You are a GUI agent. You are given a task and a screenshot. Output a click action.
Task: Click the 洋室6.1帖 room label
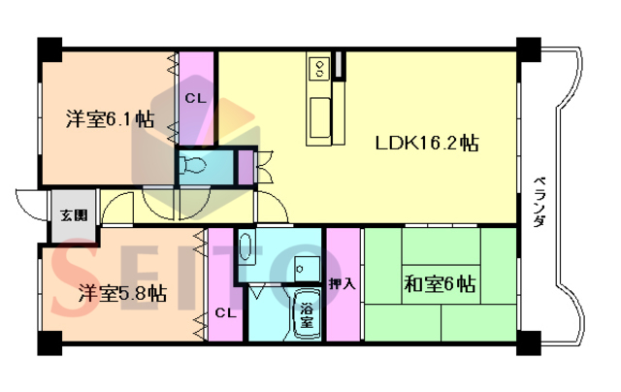110,118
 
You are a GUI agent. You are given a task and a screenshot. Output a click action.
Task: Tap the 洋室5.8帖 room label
122,293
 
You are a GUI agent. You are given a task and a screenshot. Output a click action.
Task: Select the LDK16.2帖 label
427,143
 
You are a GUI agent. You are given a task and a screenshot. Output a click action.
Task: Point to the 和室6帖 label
440,284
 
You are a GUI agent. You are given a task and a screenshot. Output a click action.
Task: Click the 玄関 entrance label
74,215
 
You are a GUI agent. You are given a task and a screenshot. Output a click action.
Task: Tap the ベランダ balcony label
539,202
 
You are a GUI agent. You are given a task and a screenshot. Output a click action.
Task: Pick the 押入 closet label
343,283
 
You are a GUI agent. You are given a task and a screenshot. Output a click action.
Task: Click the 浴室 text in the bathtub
307,315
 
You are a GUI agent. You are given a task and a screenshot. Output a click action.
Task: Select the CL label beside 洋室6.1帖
196,98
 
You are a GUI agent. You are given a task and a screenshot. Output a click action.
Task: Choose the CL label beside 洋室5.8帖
226,313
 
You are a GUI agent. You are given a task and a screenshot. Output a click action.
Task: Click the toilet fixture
192,165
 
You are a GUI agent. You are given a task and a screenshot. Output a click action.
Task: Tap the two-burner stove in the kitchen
319,68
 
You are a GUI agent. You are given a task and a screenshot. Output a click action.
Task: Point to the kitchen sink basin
320,117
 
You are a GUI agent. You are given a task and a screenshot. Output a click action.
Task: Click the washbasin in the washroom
245,246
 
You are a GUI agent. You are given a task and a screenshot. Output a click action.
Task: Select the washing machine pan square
308,269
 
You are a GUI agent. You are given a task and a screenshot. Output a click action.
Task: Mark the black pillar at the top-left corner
49,49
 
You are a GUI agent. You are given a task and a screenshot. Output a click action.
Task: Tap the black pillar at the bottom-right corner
528,343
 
